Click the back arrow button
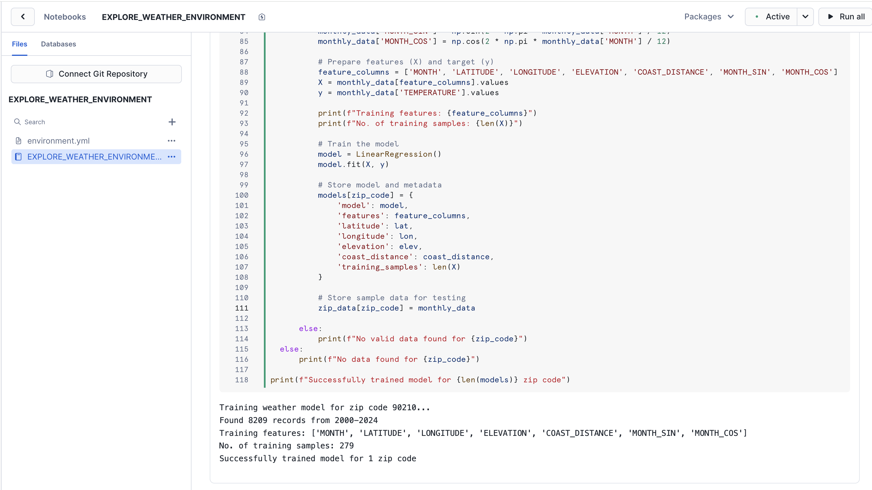tap(23, 17)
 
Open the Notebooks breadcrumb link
tap(65, 17)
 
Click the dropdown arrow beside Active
tap(805, 17)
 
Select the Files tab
tap(19, 44)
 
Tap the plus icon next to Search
tap(172, 122)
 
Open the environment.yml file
tap(58, 141)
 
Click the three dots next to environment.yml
tap(172, 141)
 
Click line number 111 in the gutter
tap(242, 308)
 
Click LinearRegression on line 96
tap(394, 154)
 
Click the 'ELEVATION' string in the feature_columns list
tap(597, 72)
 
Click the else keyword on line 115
tap(290, 349)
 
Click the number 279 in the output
tap(347, 446)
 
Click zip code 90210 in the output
tap(404, 407)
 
